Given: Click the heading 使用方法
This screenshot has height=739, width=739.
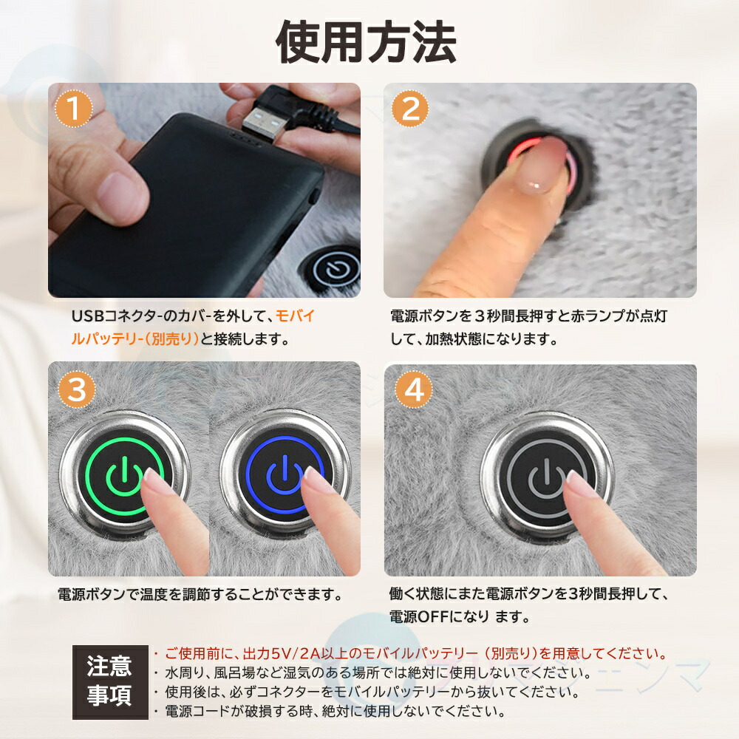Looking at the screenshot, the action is tap(366, 43).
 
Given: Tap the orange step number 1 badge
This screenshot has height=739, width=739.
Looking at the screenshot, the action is tap(73, 109).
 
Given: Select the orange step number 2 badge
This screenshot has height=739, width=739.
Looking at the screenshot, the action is tap(410, 109).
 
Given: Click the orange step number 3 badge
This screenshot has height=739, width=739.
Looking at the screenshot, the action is tap(77, 389).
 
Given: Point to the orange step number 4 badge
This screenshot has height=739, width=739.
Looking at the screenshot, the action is tap(414, 389).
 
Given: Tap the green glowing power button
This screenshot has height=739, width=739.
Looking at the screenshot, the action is tap(125, 477).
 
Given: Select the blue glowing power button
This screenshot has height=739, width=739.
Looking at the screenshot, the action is tap(285, 475).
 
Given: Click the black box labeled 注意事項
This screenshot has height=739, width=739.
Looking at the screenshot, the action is tap(110, 682).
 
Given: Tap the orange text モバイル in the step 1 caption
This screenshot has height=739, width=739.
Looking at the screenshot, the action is tap(295, 316).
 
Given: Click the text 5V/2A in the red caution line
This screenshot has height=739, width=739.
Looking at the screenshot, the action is tap(296, 654).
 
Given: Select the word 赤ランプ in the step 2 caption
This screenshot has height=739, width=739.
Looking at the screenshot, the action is tap(598, 316).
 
